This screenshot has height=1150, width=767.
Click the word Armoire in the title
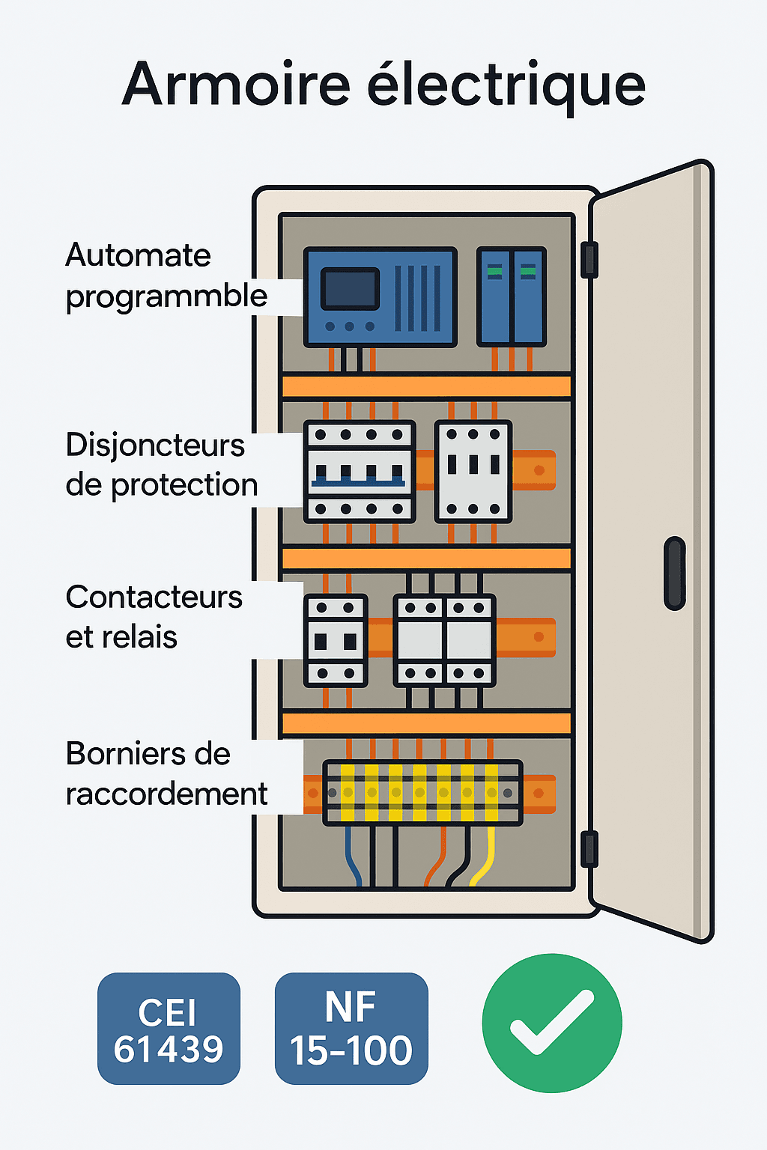click(x=236, y=83)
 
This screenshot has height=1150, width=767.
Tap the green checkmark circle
click(x=552, y=1023)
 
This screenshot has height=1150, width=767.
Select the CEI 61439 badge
click(x=169, y=1028)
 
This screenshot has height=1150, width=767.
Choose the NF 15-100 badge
click(x=351, y=1028)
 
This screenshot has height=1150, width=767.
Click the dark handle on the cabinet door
click(x=675, y=573)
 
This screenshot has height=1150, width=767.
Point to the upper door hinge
click(x=589, y=260)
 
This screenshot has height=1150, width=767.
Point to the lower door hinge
click(x=589, y=848)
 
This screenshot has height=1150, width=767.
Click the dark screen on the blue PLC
click(x=350, y=289)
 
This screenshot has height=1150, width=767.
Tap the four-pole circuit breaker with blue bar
click(x=360, y=471)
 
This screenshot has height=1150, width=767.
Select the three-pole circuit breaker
click(x=473, y=471)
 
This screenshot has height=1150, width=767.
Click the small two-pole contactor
click(x=336, y=641)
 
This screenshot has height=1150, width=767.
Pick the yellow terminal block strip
click(x=422, y=793)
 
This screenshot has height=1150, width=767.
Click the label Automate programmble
click(x=166, y=276)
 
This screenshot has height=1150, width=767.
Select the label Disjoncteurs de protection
click(x=161, y=464)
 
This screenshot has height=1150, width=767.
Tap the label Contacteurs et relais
click(x=154, y=617)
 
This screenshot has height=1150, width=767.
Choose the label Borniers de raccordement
click(x=166, y=773)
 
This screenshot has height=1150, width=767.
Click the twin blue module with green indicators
click(x=511, y=296)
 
